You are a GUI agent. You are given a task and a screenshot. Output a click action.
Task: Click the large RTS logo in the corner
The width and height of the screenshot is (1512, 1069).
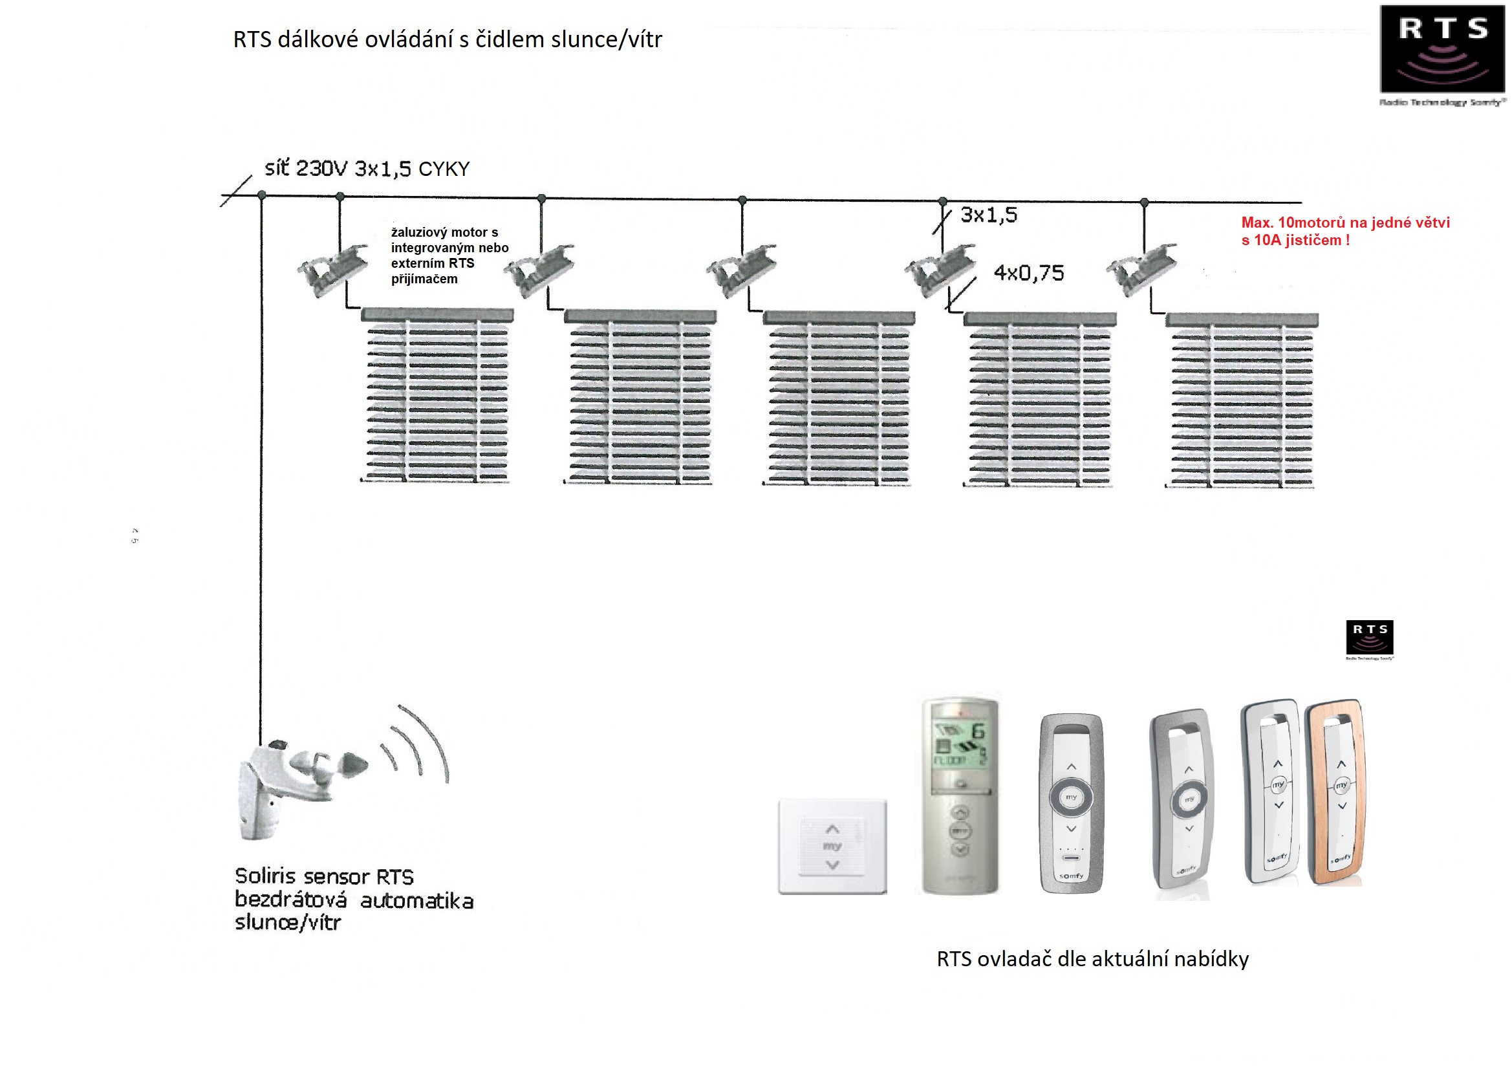[1442, 49]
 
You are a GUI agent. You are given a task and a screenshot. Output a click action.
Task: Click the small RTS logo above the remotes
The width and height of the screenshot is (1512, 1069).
[1370, 637]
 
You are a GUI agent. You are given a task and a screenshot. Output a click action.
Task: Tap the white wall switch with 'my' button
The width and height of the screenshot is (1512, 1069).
[832, 847]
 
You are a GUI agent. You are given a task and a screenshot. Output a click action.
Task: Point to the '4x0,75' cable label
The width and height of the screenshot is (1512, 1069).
[1029, 273]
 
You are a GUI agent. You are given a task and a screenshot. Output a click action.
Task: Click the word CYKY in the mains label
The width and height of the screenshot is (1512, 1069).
[444, 169]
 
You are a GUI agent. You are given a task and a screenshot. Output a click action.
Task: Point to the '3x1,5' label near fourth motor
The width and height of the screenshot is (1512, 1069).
[988, 215]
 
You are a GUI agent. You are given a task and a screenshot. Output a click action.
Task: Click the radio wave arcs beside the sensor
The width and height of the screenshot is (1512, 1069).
[418, 744]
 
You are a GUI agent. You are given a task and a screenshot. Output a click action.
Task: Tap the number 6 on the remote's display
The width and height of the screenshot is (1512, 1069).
[978, 731]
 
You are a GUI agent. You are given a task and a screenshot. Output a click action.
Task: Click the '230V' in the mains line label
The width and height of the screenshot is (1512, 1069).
[321, 169]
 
